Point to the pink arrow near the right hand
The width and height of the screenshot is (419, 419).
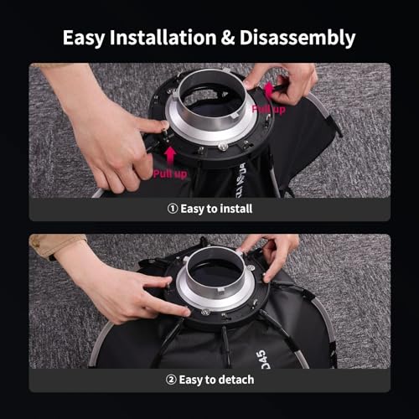click(x=270, y=90)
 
